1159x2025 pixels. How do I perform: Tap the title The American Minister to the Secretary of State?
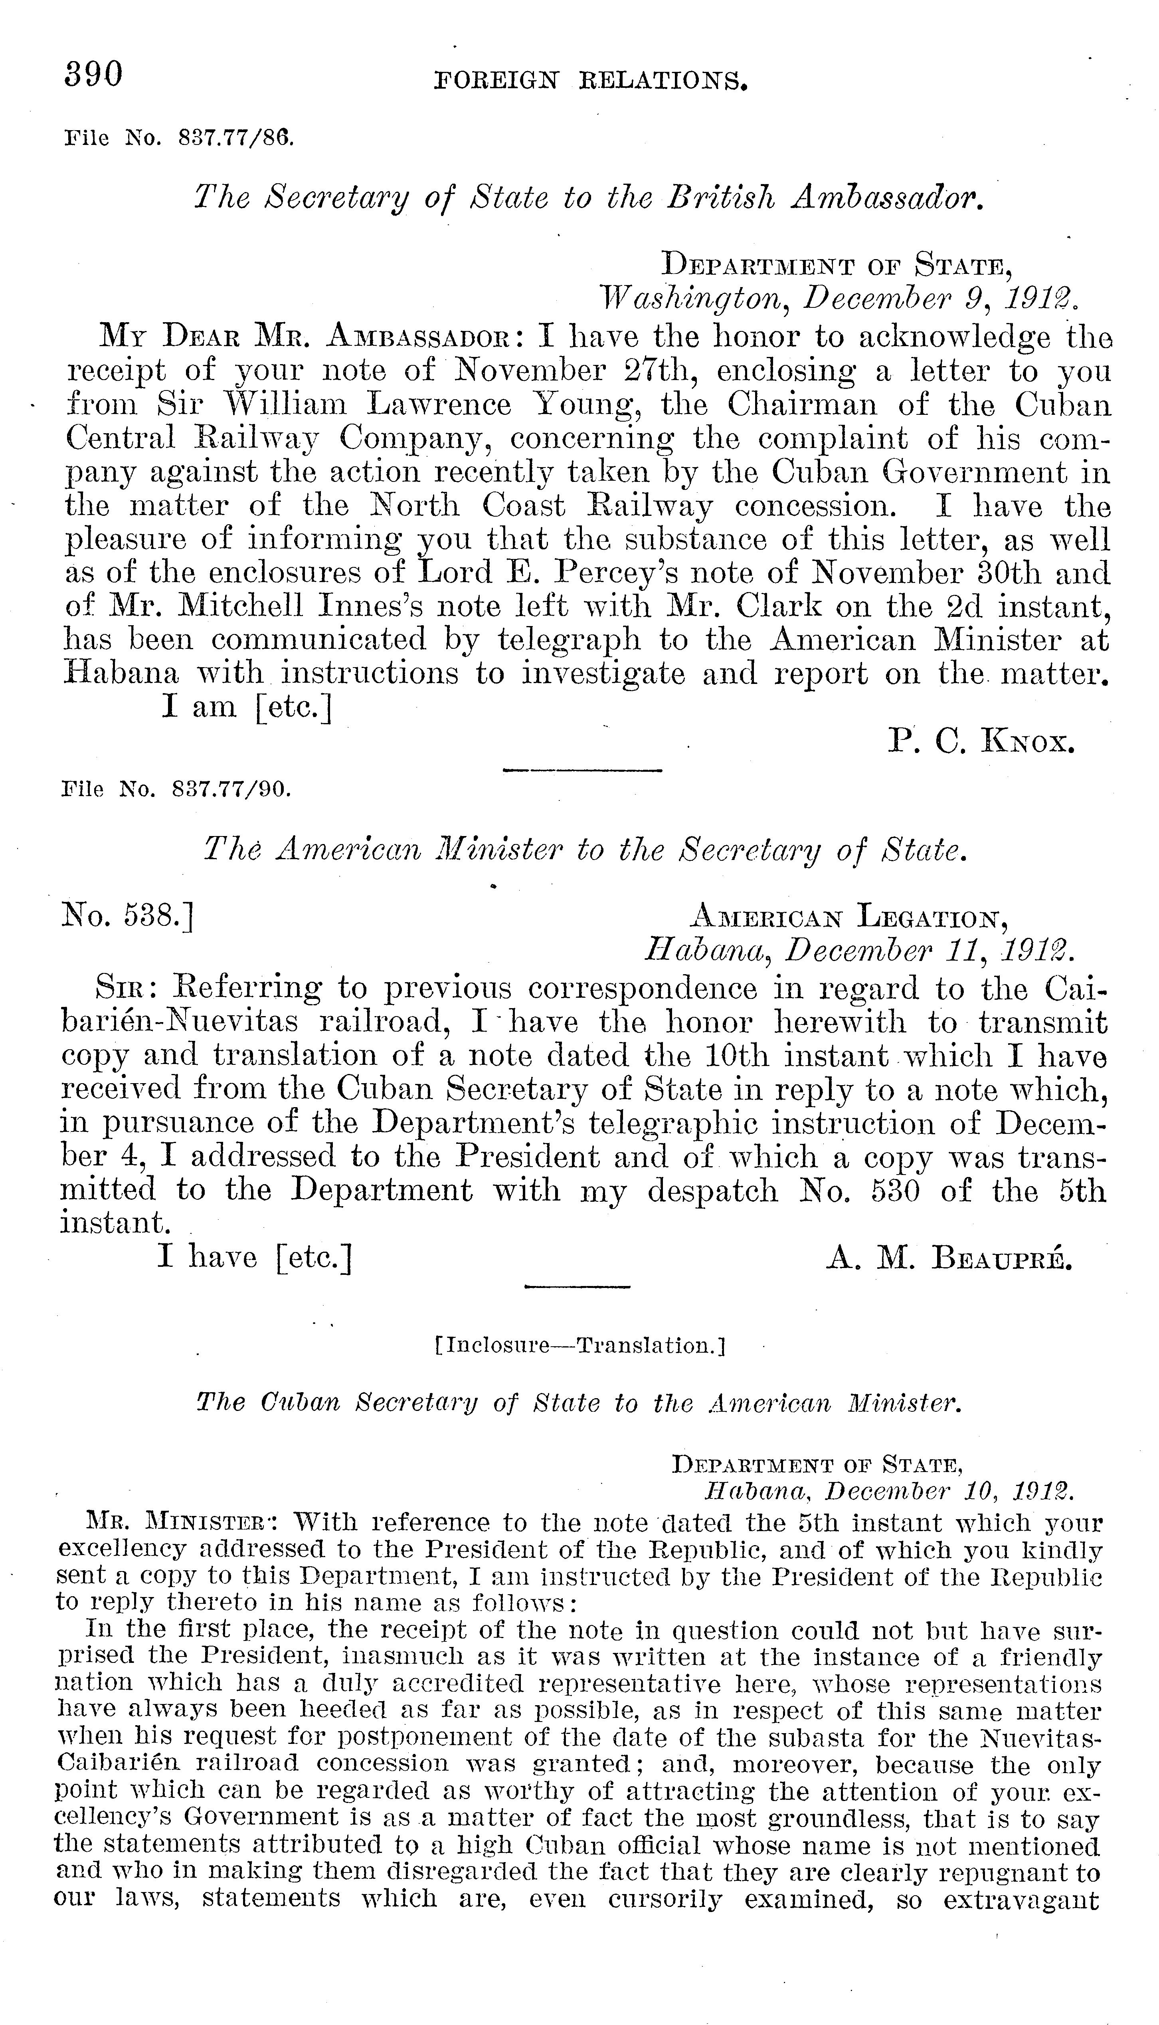[585, 851]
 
